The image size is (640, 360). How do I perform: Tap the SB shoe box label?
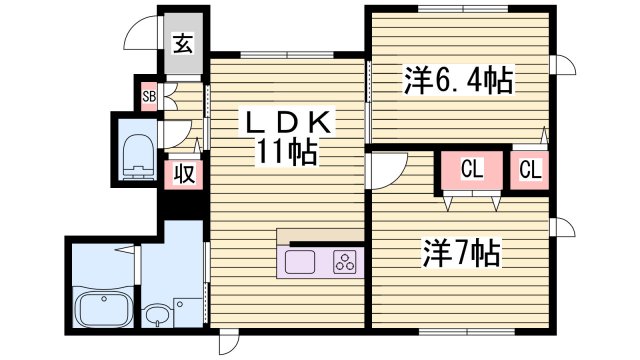point(148,97)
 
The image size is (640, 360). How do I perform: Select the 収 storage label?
point(184,172)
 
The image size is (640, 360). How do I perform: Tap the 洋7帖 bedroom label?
point(459,251)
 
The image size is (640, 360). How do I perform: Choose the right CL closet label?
point(530,171)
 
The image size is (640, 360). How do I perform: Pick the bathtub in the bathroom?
point(103,311)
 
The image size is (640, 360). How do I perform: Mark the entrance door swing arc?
point(137,40)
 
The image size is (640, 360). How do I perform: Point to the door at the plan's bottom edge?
point(229,342)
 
